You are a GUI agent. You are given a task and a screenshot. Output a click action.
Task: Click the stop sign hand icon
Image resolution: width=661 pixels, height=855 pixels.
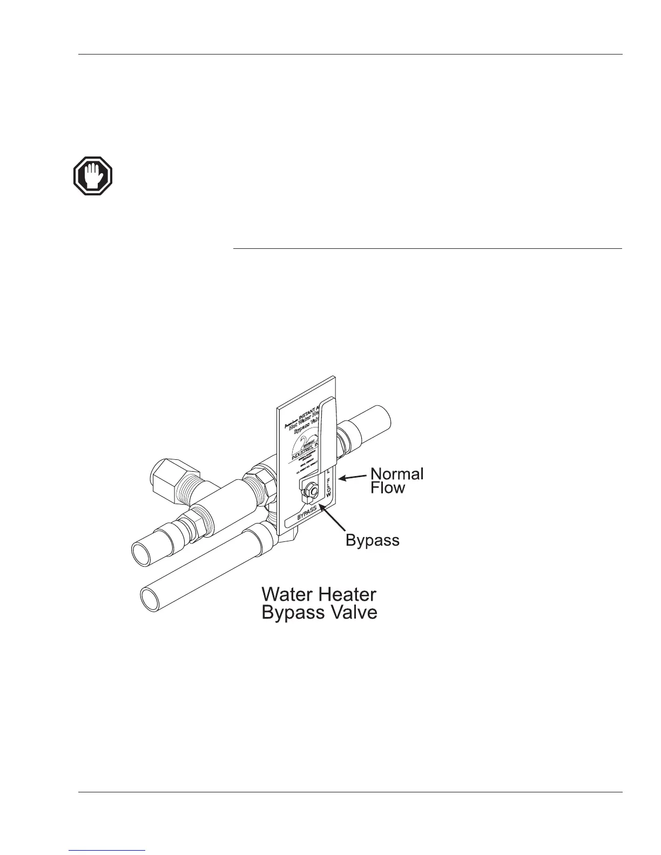[x=93, y=176]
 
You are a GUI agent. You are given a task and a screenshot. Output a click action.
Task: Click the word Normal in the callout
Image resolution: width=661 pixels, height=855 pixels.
[x=396, y=474]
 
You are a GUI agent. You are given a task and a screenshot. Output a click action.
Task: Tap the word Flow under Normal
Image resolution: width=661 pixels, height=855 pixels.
[x=387, y=488]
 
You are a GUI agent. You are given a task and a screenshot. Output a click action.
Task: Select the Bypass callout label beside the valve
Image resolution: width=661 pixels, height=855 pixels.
[x=372, y=540]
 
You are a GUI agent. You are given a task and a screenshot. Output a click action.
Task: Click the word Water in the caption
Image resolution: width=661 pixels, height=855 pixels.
[x=288, y=594]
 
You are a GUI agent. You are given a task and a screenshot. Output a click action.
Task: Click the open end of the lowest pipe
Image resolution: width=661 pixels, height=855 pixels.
[x=151, y=599]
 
